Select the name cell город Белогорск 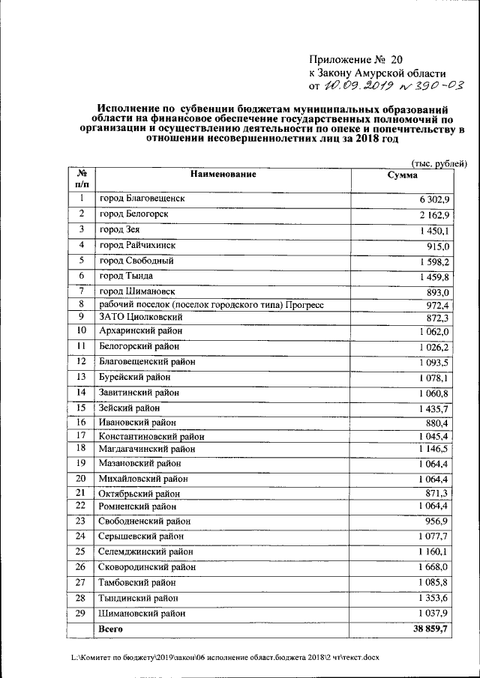(134, 214)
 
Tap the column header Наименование (223, 175)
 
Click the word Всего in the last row (111, 630)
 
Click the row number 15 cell (81, 408)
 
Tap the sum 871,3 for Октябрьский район (436, 492)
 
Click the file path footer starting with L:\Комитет (220, 657)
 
